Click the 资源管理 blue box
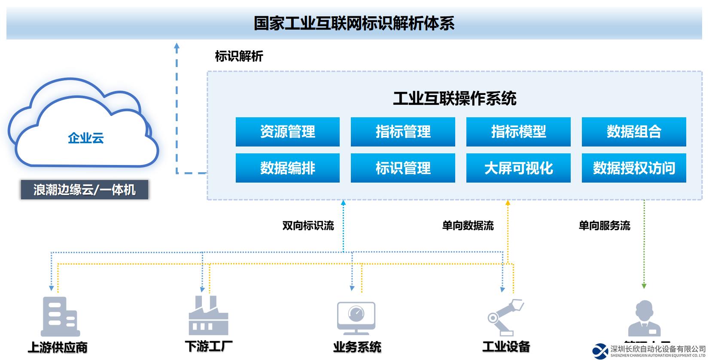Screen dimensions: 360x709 tap(287, 131)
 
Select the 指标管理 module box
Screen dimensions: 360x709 tap(403, 131)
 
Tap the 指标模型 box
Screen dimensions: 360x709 tap(518, 131)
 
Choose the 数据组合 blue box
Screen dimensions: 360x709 tap(634, 131)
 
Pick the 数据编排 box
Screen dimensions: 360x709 tap(287, 168)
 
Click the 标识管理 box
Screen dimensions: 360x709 tap(403, 168)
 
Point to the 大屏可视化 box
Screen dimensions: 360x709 tap(518, 168)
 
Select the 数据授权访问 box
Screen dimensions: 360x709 tap(634, 168)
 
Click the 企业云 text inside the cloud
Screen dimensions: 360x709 tap(86, 138)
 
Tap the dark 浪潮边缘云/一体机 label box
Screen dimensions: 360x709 tap(85, 190)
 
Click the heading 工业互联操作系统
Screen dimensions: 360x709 tap(455, 99)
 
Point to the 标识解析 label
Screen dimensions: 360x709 tap(239, 56)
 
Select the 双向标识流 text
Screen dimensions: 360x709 tap(308, 226)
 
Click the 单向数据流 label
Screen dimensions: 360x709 tap(468, 226)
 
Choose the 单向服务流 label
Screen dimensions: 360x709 tap(604, 226)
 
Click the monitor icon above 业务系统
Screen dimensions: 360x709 tap(356, 318)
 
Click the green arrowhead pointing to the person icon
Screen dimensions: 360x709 tap(644, 286)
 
